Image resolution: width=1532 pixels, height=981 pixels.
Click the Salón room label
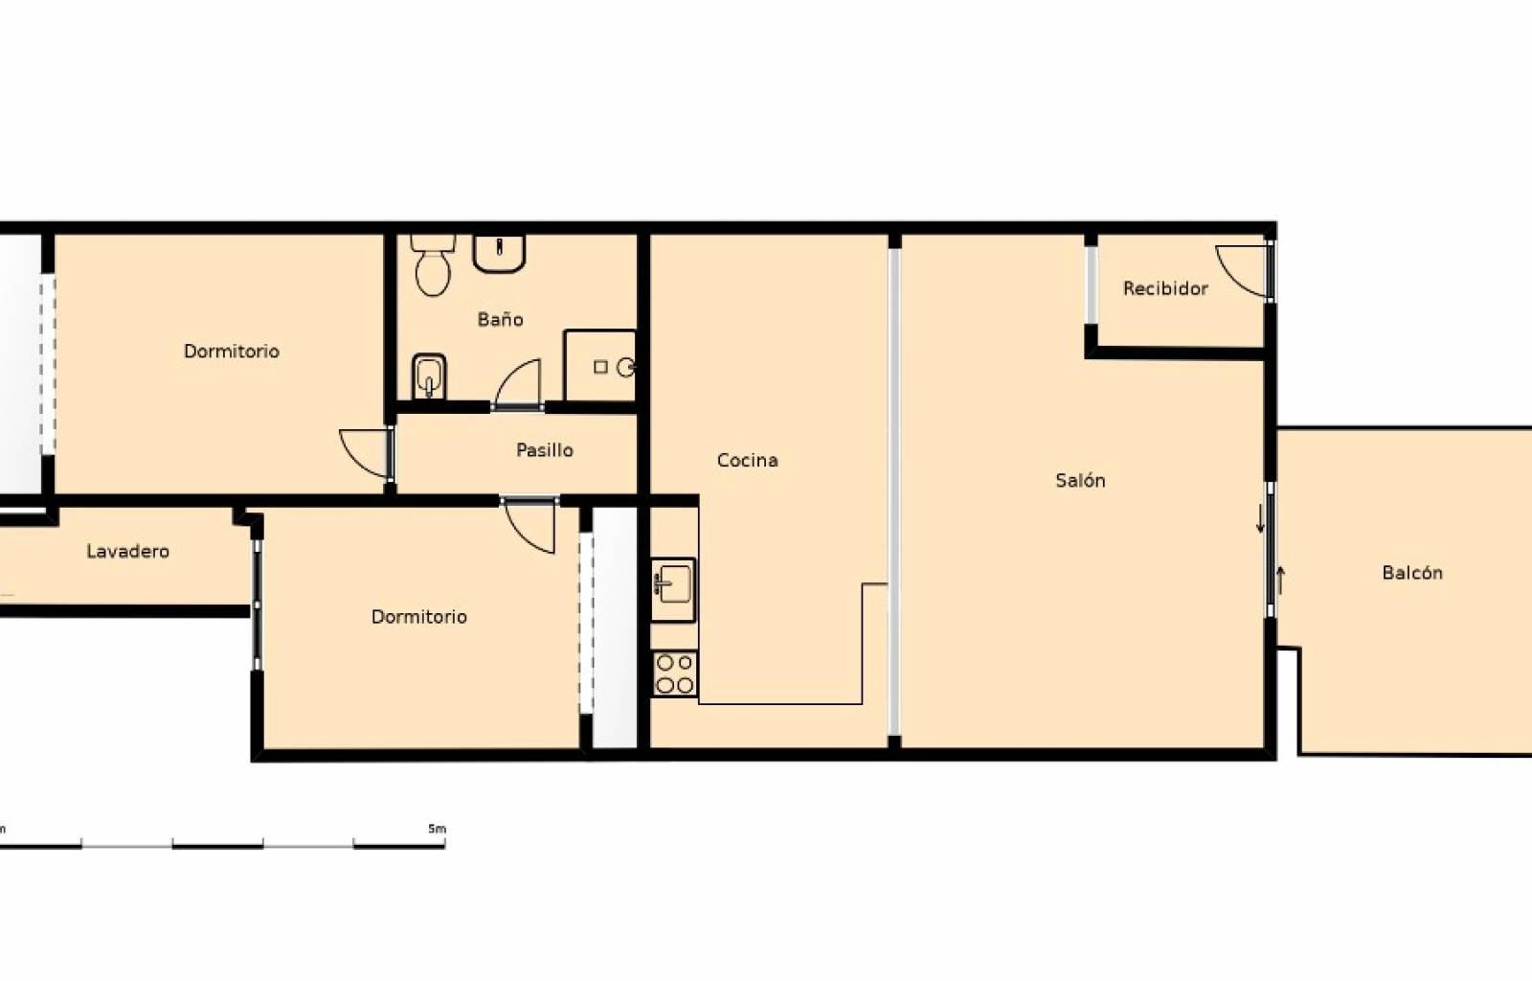pyautogui.click(x=1080, y=480)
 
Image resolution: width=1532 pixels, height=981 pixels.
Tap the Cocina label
pyautogui.click(x=747, y=461)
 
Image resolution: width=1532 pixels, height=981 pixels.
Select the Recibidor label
pyautogui.click(x=1165, y=288)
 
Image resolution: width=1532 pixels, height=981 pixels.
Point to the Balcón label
pyautogui.click(x=1412, y=573)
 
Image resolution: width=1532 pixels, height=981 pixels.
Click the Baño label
pyautogui.click(x=500, y=319)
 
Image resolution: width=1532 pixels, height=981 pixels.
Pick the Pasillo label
pyautogui.click(x=545, y=450)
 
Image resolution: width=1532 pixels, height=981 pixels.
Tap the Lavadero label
pyautogui.click(x=128, y=551)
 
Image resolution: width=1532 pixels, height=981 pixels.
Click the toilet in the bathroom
pyautogui.click(x=433, y=265)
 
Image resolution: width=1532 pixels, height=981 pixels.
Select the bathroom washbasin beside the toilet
pyautogui.click(x=499, y=253)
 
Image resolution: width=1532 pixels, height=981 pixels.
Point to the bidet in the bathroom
pyautogui.click(x=429, y=376)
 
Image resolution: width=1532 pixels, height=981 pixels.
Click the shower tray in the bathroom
pyautogui.click(x=599, y=366)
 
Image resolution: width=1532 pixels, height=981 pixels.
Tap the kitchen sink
pyautogui.click(x=674, y=589)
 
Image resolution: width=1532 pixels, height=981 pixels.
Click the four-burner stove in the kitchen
pyautogui.click(x=674, y=673)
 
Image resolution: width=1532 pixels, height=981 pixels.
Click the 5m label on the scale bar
pyautogui.click(x=437, y=829)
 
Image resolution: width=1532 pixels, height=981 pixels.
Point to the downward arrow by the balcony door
pyautogui.click(x=1260, y=520)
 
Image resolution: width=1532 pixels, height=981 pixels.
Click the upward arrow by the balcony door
pyautogui.click(x=1281, y=581)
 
